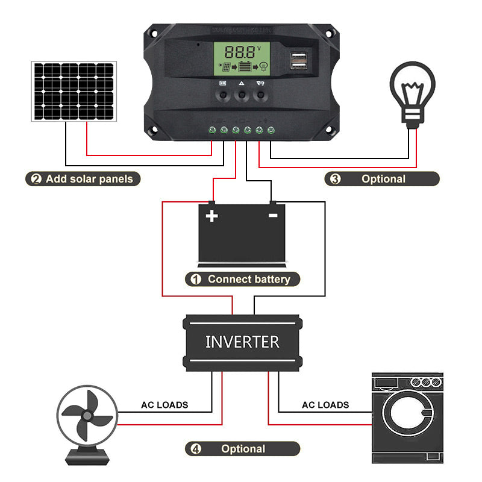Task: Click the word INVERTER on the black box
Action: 242,342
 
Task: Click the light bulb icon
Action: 413,93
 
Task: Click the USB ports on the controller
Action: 299,60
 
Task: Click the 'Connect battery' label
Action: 248,279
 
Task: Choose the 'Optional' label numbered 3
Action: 383,179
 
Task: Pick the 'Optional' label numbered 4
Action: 243,449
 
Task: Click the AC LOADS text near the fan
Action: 164,405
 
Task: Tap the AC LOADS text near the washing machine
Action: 325,405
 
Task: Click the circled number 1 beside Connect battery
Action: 196,279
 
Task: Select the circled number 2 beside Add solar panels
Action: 36,179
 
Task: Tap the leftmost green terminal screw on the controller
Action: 212,130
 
